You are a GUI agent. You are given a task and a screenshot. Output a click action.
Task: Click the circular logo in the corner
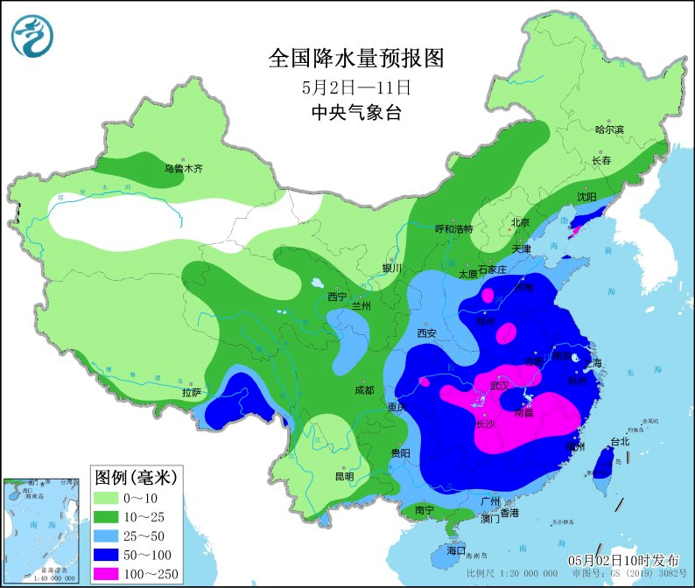tap(32, 36)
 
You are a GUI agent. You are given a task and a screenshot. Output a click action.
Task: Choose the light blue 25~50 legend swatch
tap(109, 535)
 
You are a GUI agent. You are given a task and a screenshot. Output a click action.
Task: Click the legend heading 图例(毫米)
tap(136, 477)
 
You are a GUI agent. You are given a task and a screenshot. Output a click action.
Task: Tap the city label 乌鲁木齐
tap(184, 168)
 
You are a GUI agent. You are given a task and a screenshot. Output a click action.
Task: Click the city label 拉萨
tap(193, 392)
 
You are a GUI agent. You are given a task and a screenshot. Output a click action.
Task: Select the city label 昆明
tap(344, 477)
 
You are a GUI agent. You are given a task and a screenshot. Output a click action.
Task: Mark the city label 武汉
tap(501, 385)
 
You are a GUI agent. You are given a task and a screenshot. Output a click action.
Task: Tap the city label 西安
tap(426, 332)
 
